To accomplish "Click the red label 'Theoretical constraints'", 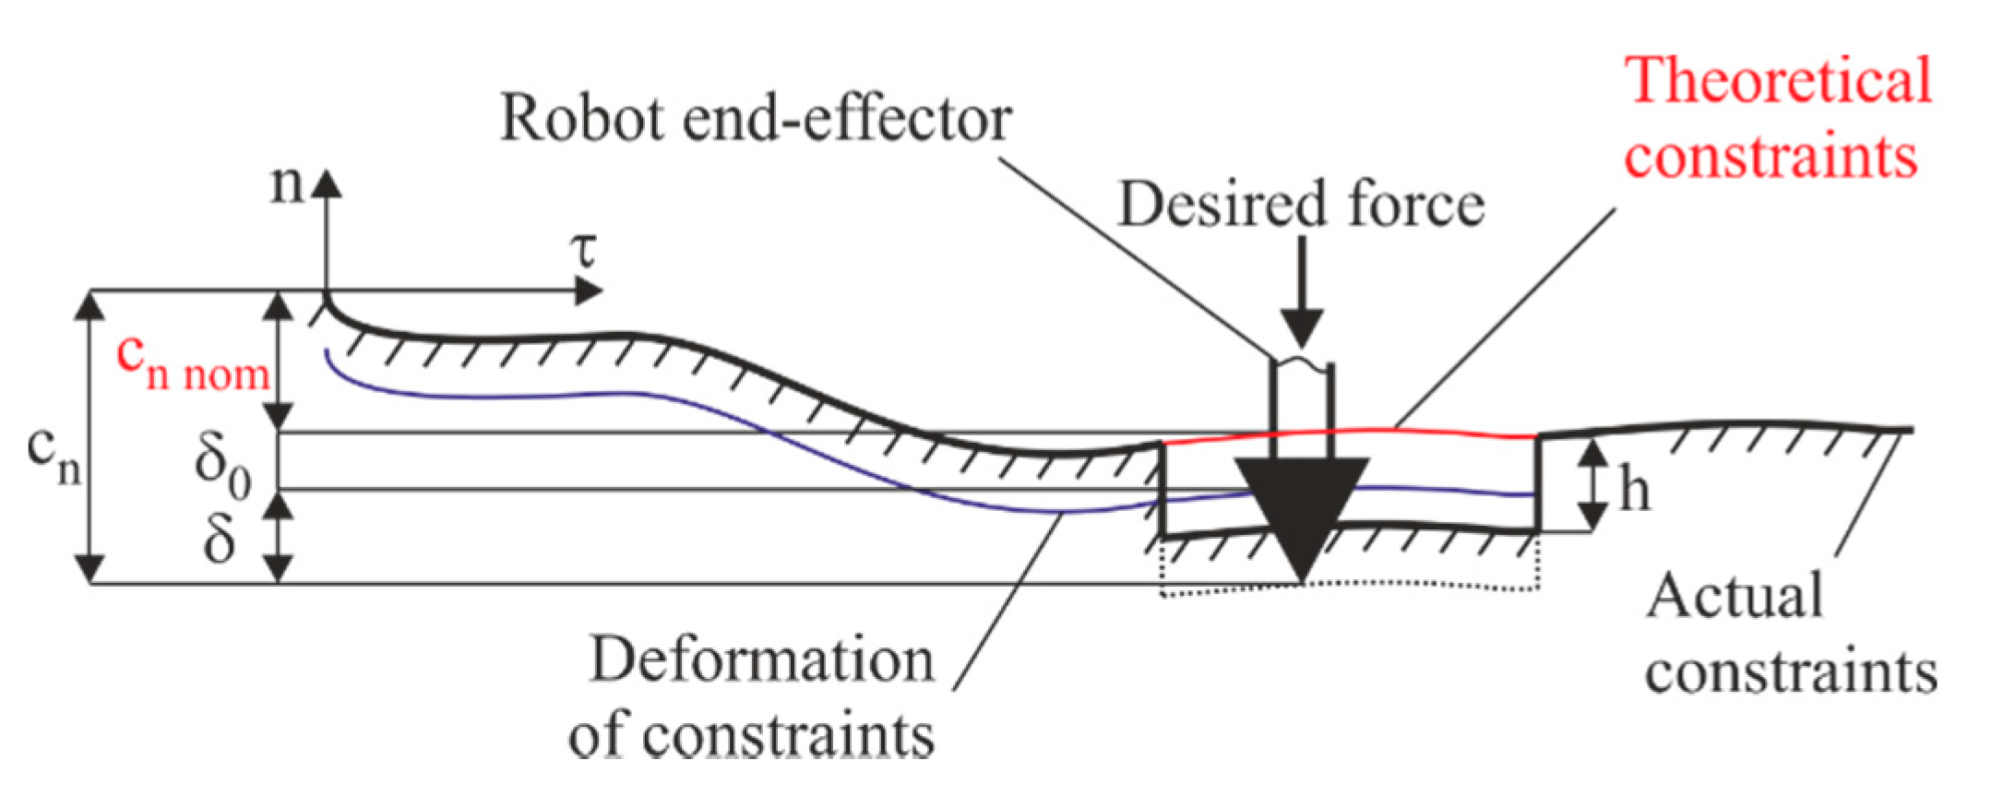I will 1776,117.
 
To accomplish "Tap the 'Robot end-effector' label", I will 756,119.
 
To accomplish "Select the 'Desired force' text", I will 1301,204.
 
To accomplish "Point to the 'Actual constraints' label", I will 1790,633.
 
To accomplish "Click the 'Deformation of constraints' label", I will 760,697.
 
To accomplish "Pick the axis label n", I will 286,184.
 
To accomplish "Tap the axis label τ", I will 583,249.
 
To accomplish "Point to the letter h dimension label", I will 1635,490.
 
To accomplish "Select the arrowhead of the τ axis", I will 587,291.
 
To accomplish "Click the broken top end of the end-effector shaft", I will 1302,362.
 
